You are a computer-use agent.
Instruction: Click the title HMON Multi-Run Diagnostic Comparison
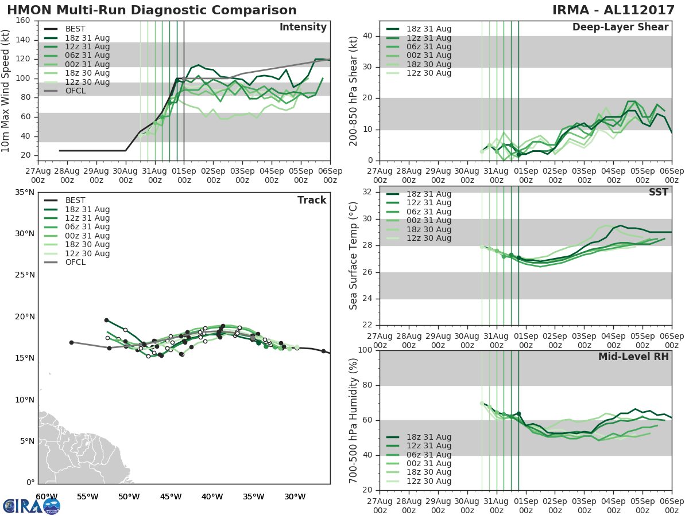[x=152, y=10]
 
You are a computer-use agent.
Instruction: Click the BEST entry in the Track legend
[x=75, y=201]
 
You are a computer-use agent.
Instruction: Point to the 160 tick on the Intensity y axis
[x=24, y=21]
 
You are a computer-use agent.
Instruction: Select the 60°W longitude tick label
[x=47, y=497]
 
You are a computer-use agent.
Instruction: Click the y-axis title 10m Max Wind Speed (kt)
[x=6, y=91]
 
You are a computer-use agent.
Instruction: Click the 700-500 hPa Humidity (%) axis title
[x=354, y=420]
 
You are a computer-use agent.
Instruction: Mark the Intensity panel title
[x=303, y=28]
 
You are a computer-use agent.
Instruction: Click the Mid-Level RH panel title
[x=633, y=357]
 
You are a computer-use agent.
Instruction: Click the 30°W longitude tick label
[x=295, y=497]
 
